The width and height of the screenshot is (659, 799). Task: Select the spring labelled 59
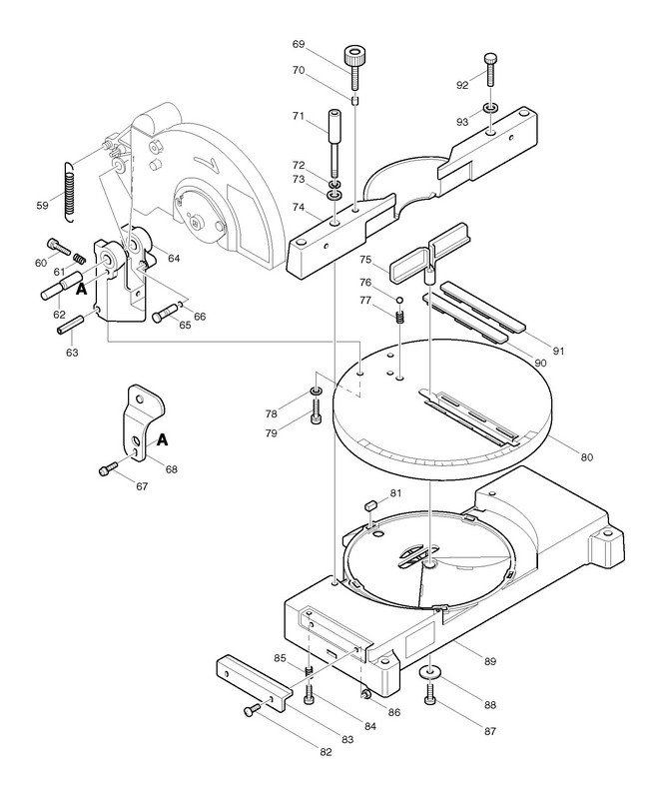point(68,188)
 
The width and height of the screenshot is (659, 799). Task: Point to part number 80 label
point(586,457)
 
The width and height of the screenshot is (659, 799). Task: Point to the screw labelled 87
point(431,695)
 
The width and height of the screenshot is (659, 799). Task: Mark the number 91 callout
point(558,350)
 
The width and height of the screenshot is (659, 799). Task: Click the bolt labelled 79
point(316,411)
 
